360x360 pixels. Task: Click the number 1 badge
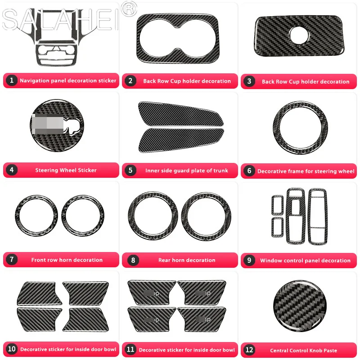click(12, 81)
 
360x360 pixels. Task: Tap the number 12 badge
click(249, 350)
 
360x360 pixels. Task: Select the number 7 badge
click(12, 260)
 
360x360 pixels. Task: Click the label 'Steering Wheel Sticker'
click(66, 171)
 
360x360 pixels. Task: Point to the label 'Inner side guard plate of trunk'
click(186, 171)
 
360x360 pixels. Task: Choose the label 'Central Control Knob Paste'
click(303, 351)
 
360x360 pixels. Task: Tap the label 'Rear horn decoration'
click(186, 260)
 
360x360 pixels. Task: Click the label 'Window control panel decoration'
click(305, 261)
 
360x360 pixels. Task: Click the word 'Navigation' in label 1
click(34, 81)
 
